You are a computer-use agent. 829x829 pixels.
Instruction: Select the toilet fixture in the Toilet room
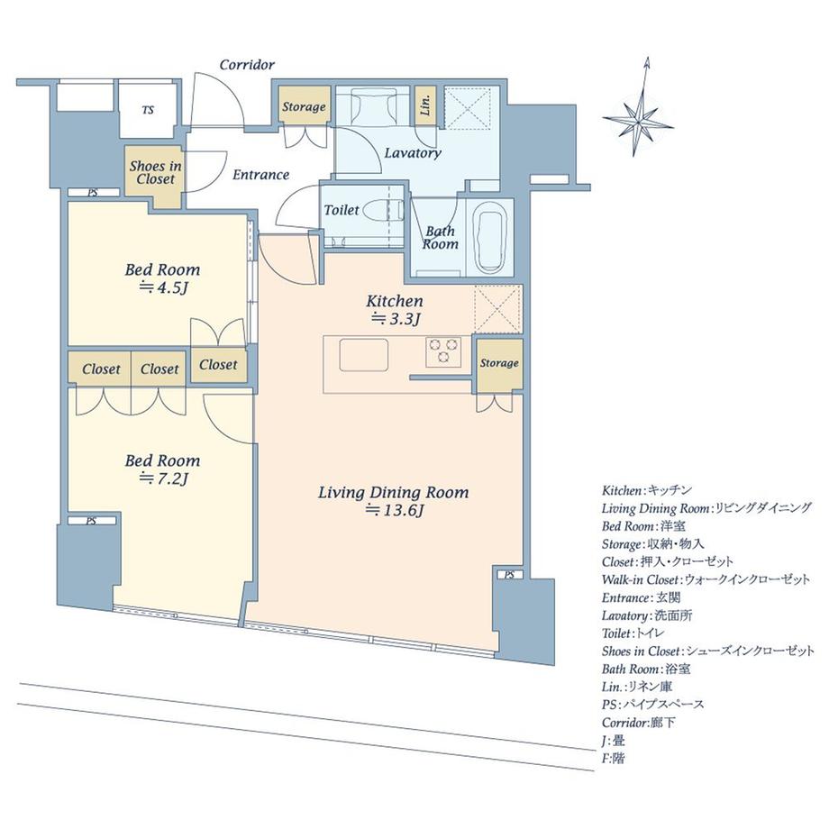click(x=382, y=209)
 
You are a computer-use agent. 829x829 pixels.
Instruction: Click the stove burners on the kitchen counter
click(x=443, y=351)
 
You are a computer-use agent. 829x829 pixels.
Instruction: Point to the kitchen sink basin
click(x=364, y=355)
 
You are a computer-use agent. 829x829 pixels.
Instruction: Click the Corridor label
click(x=247, y=65)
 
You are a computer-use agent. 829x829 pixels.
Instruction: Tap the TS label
click(x=148, y=110)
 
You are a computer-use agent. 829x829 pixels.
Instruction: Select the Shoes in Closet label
click(x=155, y=172)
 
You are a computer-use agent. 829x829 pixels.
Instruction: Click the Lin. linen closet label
click(x=425, y=105)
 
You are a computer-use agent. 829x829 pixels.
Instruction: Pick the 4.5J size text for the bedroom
click(x=163, y=288)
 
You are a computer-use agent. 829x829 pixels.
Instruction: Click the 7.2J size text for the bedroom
click(x=163, y=479)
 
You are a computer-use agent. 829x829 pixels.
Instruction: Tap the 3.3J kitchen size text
click(x=396, y=319)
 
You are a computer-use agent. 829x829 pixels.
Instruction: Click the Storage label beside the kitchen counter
click(x=499, y=363)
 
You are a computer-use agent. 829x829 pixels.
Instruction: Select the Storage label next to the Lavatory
click(x=304, y=107)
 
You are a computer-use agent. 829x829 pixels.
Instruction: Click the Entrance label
click(x=260, y=175)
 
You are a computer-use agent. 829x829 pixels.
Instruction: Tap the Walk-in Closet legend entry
click(x=706, y=579)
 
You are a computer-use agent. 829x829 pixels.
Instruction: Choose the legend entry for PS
click(x=653, y=705)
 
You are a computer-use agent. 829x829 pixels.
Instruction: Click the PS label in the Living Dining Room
click(x=509, y=575)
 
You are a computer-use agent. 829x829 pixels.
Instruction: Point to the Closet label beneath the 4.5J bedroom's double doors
click(x=218, y=365)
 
